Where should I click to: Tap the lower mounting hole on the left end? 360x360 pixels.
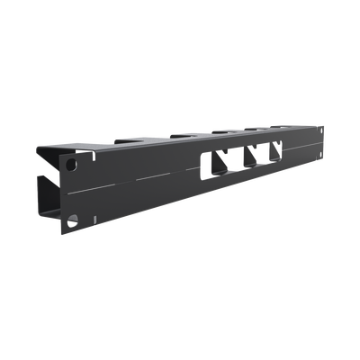(76, 216)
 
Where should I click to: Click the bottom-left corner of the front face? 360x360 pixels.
(62, 226)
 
